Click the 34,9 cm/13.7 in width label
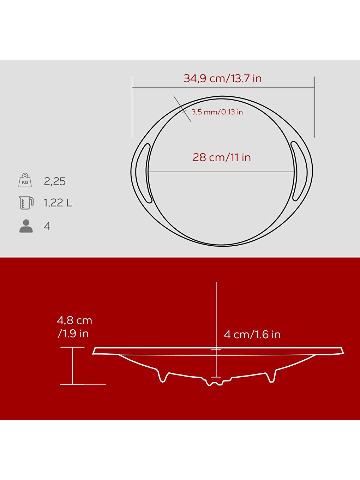[223, 78]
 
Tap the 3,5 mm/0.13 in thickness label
[217, 112]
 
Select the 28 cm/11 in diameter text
[222, 157]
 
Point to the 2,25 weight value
[55, 181]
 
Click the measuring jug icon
[26, 203]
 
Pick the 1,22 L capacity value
[58, 203]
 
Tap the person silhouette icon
[26, 226]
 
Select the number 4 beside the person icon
[47, 226]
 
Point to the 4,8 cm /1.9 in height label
[74, 327]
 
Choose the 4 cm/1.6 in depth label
[252, 335]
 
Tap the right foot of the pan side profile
[271, 377]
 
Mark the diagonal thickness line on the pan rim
[182, 109]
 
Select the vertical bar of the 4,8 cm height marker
[72, 366]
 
